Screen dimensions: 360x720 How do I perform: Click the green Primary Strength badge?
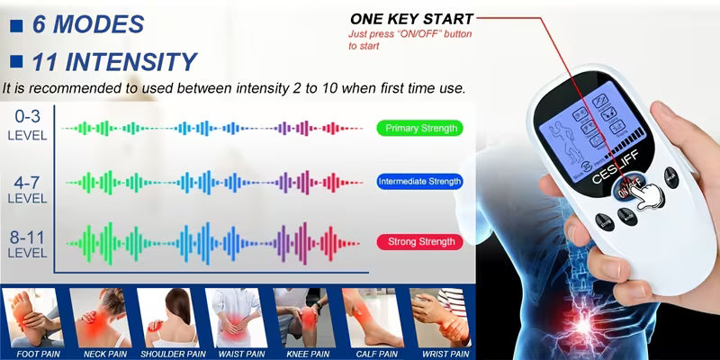[x=419, y=128]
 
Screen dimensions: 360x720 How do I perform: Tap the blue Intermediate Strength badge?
[x=419, y=182]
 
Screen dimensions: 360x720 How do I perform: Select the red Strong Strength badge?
[x=419, y=241]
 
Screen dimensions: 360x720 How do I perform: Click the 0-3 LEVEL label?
[x=25, y=125]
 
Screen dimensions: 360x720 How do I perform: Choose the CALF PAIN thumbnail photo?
[x=370, y=318]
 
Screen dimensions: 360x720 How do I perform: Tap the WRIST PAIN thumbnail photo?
[x=438, y=318]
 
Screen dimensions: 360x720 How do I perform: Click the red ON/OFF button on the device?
[x=626, y=191]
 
